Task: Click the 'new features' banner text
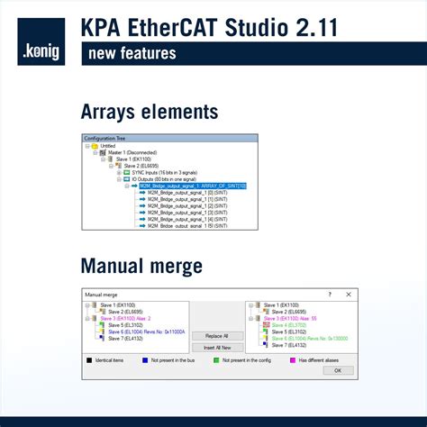(132, 54)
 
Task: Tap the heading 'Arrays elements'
(149, 112)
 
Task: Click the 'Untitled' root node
(108, 145)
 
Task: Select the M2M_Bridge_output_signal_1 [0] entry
(176, 193)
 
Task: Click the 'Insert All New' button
(217, 347)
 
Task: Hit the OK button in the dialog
(337, 371)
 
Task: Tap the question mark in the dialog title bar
(329, 294)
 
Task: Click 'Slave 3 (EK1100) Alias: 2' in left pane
(125, 318)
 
